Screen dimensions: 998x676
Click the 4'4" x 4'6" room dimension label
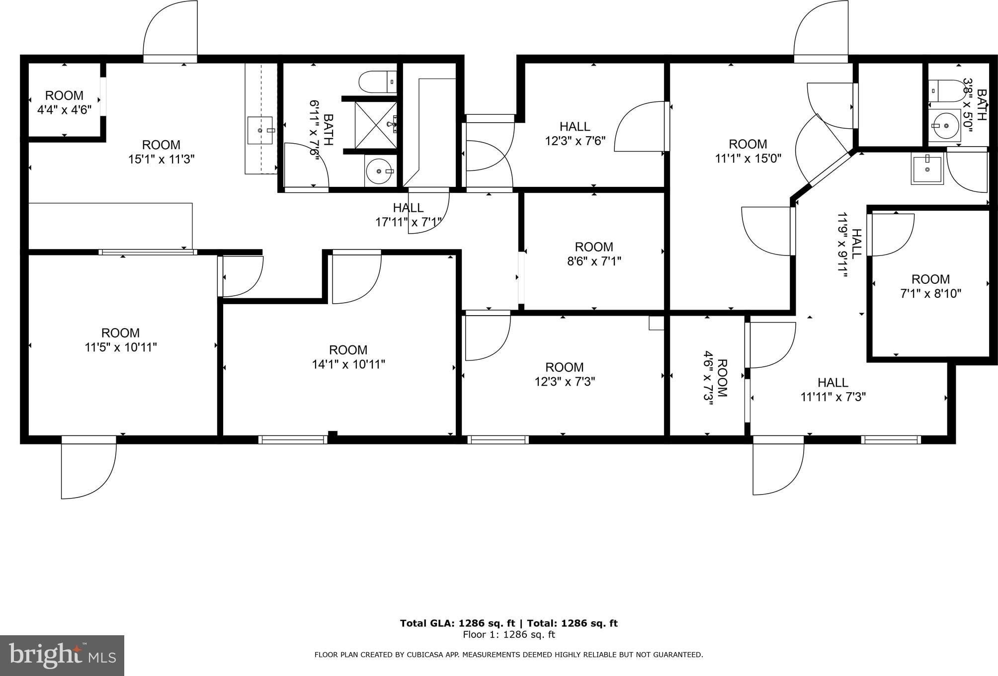coord(65,102)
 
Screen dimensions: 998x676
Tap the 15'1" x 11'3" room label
coord(161,152)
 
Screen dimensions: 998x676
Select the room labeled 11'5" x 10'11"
coord(121,340)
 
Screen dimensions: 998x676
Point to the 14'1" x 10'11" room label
coord(348,357)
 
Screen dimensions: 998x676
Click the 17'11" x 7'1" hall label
coord(409,215)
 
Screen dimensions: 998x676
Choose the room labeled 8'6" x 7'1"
coord(594,254)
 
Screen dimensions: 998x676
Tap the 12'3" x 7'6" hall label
coord(575,134)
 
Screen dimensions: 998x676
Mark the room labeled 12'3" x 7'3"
coord(565,374)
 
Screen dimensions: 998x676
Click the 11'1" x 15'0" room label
coord(748,151)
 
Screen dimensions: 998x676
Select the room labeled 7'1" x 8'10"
coord(931,286)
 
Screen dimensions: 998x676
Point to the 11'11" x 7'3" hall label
coord(833,390)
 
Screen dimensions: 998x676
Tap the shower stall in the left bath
coord(376,125)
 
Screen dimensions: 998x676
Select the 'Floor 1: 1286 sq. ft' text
coord(509,635)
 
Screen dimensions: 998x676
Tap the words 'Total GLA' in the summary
coord(426,623)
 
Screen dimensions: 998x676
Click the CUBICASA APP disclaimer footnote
coord(509,655)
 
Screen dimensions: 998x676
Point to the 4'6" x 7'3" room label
coord(715,378)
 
